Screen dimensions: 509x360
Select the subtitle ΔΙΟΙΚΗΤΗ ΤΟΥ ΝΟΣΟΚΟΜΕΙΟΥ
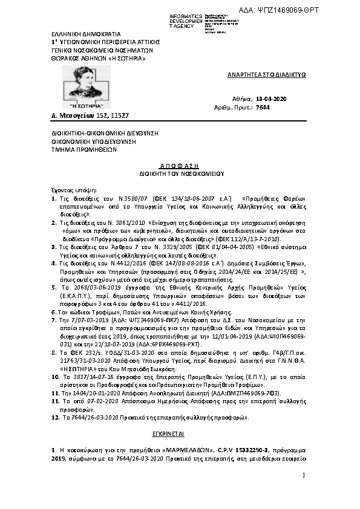[x=179, y=173]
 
